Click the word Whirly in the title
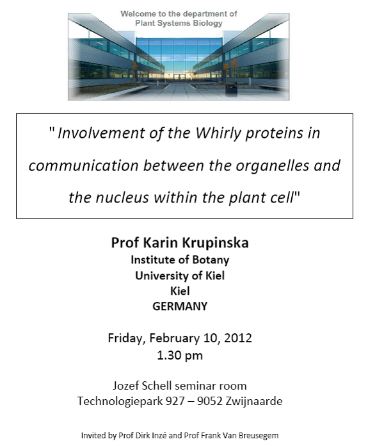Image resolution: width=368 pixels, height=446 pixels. coord(218,133)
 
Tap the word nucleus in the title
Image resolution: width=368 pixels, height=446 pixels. coord(122,197)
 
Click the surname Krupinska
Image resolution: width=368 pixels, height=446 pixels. coord(216,243)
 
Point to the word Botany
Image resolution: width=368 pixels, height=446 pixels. coord(211,260)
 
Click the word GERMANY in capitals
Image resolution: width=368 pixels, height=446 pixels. coord(180,306)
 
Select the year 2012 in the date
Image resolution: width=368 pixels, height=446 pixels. coord(238,338)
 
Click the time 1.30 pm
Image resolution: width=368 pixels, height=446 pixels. coord(180,356)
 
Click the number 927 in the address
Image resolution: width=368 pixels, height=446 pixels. coord(175,401)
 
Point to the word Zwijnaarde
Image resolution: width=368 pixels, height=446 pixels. coord(254,401)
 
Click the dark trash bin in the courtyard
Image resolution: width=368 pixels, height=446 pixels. coord(231,90)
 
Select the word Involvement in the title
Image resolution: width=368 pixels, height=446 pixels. coord(101,133)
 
